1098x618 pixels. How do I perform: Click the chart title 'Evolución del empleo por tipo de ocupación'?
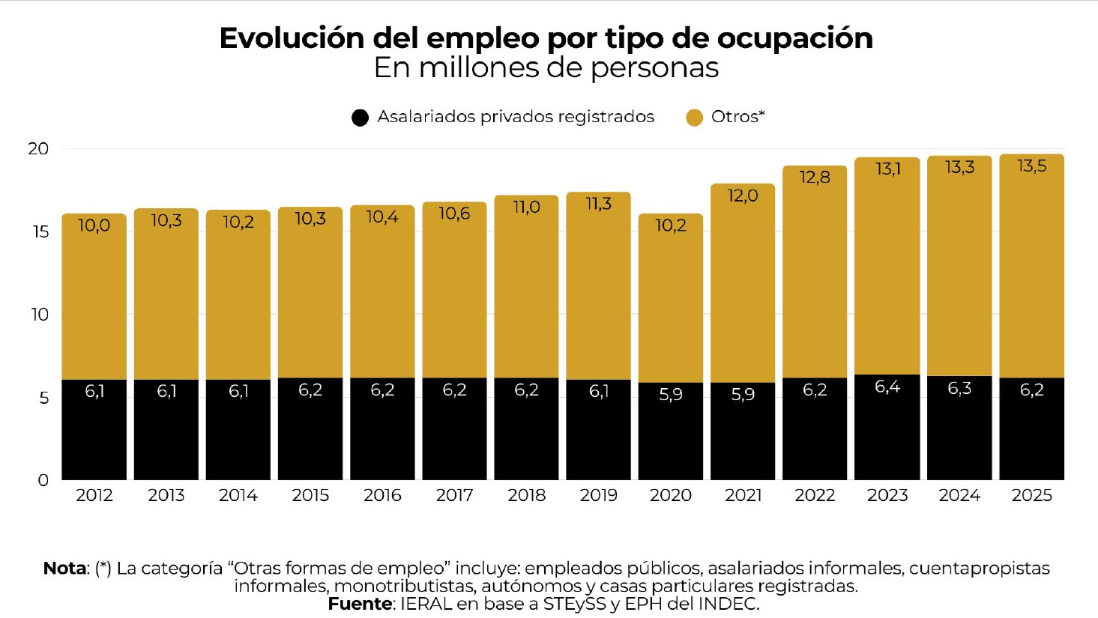[x=546, y=38]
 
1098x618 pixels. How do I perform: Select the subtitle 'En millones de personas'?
[x=546, y=68]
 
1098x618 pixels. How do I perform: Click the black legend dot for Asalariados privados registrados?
[x=360, y=118]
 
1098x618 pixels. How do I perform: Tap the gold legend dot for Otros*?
[x=694, y=118]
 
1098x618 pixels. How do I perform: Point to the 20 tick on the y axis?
[x=38, y=148]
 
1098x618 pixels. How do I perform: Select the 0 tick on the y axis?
[x=43, y=480]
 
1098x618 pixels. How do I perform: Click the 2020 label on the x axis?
[x=670, y=496]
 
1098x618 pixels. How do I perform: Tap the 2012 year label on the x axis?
[x=94, y=496]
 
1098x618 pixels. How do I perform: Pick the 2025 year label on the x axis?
[x=1031, y=496]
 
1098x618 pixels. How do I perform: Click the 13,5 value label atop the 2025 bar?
[x=1031, y=166]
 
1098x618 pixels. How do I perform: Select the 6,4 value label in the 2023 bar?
[x=887, y=387]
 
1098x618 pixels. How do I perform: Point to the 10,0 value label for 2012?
[x=94, y=225]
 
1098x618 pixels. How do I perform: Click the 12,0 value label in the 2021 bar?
[x=742, y=196]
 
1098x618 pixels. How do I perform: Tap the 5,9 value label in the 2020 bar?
[x=670, y=395]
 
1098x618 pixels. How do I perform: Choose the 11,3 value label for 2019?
[x=598, y=205]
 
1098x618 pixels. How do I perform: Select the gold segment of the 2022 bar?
[x=815, y=285]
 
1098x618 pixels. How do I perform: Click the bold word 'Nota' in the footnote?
[x=64, y=569]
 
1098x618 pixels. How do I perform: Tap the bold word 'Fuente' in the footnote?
[x=360, y=604]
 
